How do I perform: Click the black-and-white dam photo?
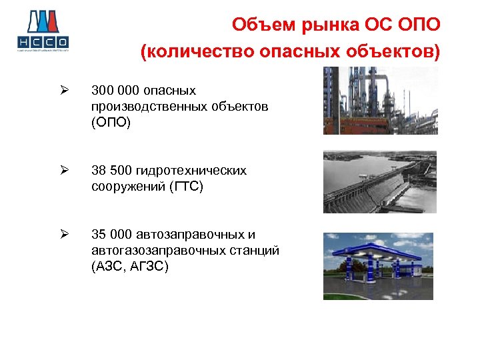point(379,182)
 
